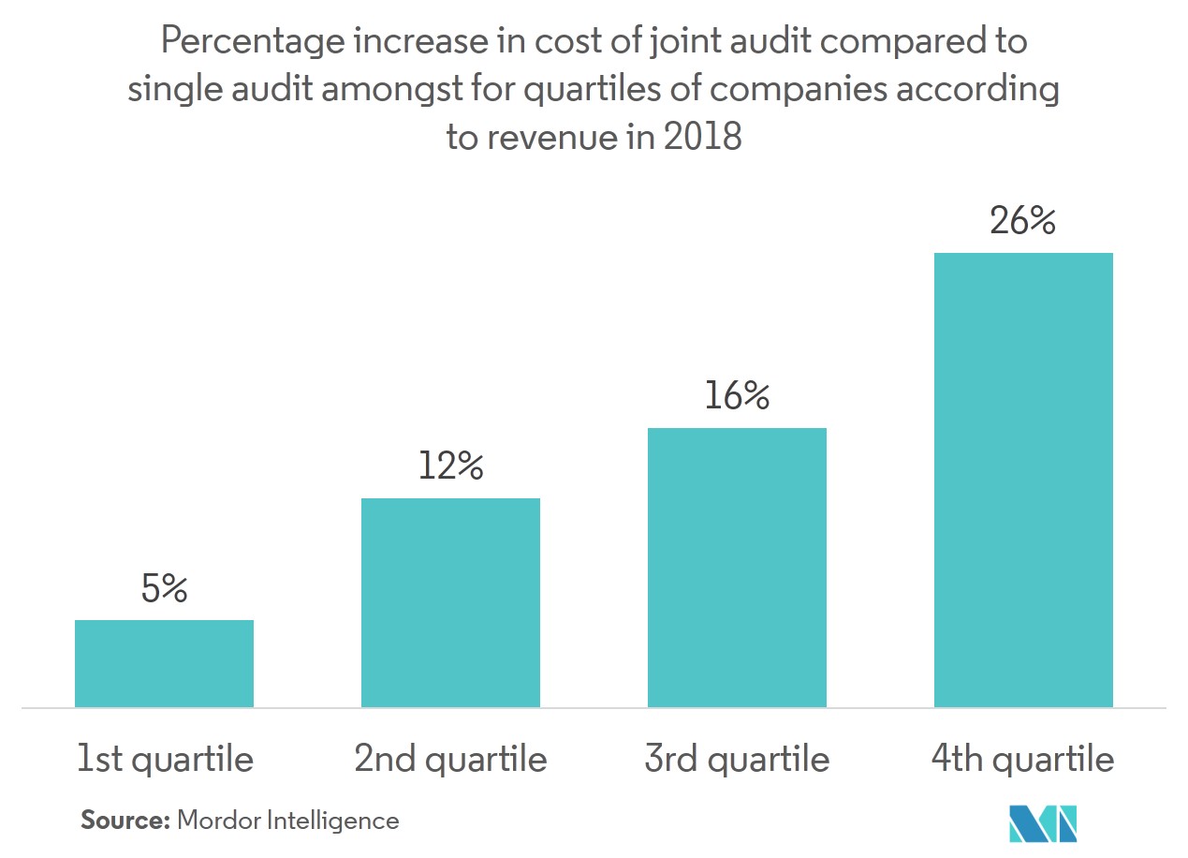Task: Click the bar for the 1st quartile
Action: coord(164,663)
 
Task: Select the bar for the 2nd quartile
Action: coord(450,602)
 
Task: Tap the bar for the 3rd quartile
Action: coord(737,568)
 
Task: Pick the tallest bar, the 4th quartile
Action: coord(1023,480)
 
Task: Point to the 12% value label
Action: coord(450,466)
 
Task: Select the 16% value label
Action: coord(737,396)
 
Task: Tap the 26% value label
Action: coord(1023,222)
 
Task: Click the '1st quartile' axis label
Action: coord(165,759)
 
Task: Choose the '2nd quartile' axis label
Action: coord(450,759)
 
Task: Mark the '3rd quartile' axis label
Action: coord(737,759)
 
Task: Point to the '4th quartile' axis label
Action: coord(1023,759)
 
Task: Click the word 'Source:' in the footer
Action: coord(125,821)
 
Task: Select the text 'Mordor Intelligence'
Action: coord(287,821)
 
